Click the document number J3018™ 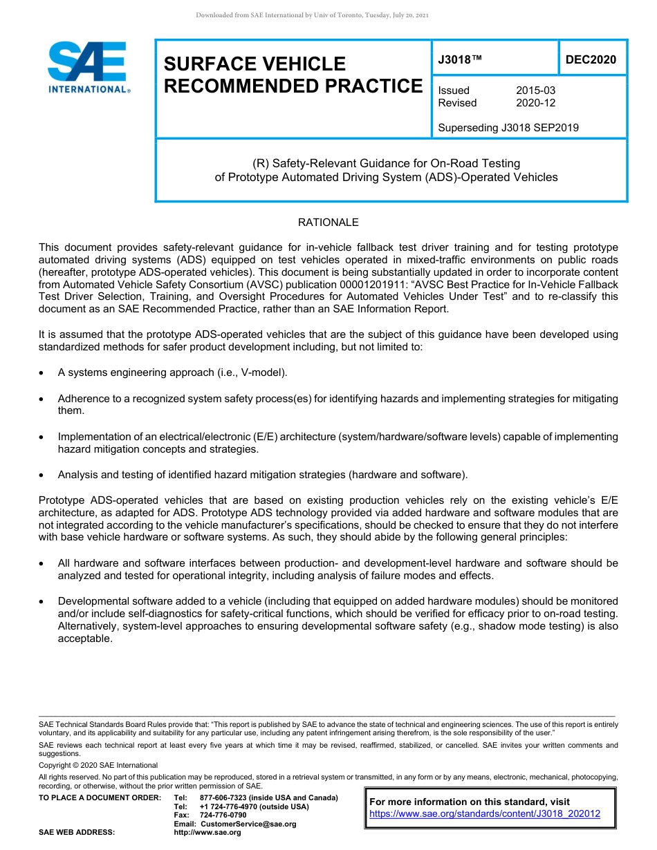[x=459, y=60]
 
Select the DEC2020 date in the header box [x=591, y=60]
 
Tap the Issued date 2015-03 [x=535, y=91]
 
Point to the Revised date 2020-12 [x=535, y=103]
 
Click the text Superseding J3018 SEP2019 [x=508, y=128]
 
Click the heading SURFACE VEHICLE [x=255, y=64]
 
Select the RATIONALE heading [x=328, y=223]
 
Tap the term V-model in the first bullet [x=262, y=372]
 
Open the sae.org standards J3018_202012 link [x=485, y=814]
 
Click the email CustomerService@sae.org [x=248, y=824]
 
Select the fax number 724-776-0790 [x=223, y=815]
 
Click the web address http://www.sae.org [x=207, y=833]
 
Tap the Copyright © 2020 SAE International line [x=98, y=765]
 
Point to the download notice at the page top [x=313, y=15]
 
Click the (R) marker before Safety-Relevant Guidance [x=260, y=164]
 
